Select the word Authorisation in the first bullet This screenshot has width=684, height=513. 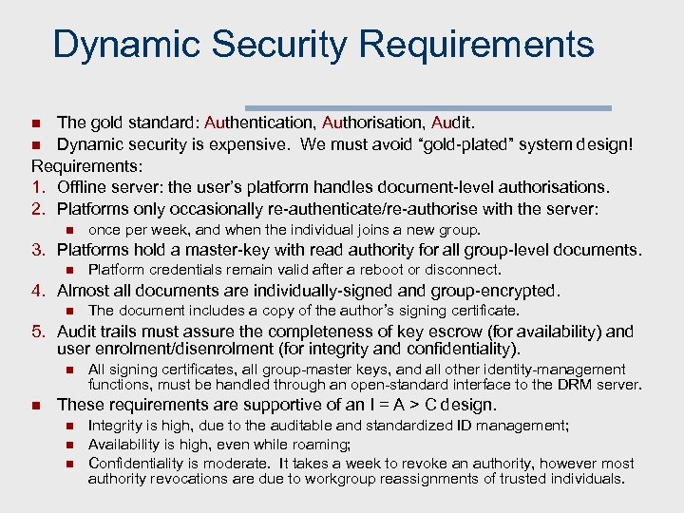(371, 122)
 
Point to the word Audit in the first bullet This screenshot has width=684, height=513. (455, 122)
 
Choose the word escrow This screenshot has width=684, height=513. (445, 332)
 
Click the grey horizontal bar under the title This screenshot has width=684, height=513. (428, 107)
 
